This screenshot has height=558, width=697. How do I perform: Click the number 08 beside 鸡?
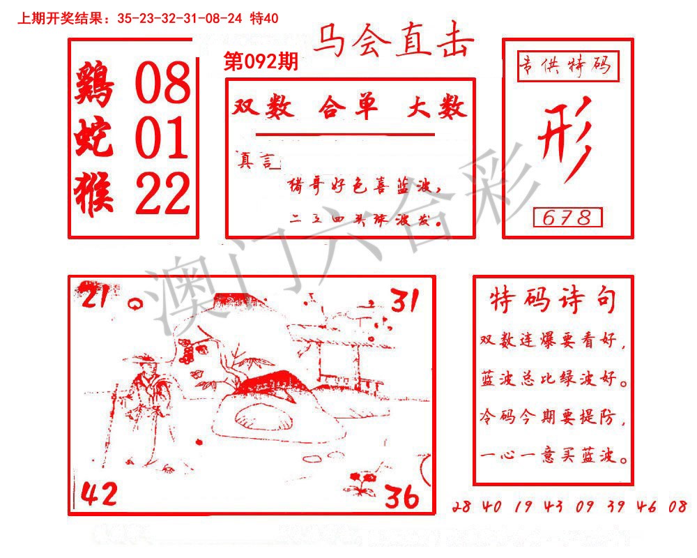point(162,83)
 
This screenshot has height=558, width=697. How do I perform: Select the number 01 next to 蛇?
point(162,137)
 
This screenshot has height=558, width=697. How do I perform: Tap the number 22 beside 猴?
point(162,193)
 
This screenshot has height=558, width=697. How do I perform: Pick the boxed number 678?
point(567,218)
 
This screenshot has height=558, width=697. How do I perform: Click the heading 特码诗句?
point(553,301)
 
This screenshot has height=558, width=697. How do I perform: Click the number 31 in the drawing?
point(404,301)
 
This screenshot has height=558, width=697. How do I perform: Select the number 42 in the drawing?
point(99,495)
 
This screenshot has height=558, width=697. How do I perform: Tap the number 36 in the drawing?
point(401,497)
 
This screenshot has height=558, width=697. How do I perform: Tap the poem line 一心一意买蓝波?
point(554,458)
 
